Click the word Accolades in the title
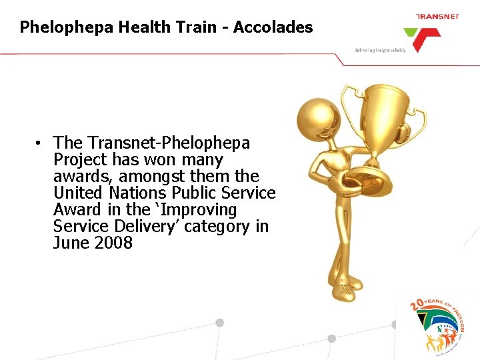273,27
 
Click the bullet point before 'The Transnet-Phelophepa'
41,143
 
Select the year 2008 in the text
113,243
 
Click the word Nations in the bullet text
137,193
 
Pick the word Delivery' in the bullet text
147,227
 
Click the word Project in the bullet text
81,160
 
